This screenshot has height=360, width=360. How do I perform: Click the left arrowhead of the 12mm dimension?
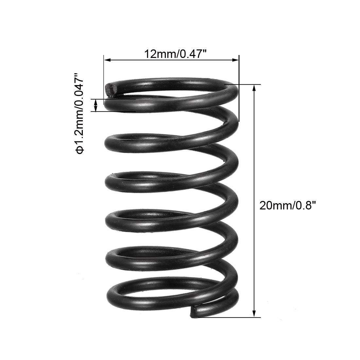(107, 60)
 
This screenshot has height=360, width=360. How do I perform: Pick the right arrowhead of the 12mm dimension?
(236, 60)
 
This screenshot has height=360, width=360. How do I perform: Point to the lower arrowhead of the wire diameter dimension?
(96, 109)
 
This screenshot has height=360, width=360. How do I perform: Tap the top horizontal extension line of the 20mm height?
(242, 84)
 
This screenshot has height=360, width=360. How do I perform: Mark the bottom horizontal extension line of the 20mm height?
(229, 317)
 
